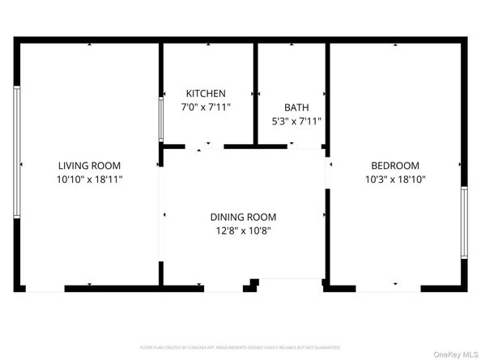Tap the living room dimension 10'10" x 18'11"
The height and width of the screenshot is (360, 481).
click(89, 179)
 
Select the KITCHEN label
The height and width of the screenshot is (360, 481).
click(206, 94)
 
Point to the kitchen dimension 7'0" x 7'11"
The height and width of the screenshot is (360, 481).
click(206, 107)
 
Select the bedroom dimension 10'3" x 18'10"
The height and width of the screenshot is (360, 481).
click(395, 179)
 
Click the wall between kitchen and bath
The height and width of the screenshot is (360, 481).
click(256, 93)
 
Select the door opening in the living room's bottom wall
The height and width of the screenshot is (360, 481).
click(45, 287)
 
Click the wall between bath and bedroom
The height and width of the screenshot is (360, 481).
click(327, 93)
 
